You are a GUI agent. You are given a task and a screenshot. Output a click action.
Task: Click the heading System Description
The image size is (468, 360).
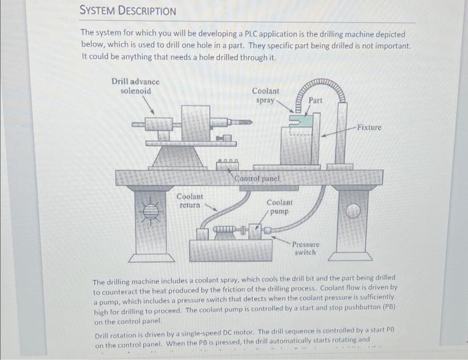128,11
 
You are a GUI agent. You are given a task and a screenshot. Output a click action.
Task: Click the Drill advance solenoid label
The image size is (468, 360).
135,86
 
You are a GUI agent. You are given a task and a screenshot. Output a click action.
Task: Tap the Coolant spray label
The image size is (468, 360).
266,96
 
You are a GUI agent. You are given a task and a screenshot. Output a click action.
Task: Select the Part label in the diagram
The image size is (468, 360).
316,100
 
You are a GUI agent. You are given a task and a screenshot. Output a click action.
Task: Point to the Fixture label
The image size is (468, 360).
369,127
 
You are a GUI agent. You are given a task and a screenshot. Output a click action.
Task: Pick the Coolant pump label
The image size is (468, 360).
279,206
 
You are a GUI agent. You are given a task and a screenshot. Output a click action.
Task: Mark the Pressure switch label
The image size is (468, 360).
305,248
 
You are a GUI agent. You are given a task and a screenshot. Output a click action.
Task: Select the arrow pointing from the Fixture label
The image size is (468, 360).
338,130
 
